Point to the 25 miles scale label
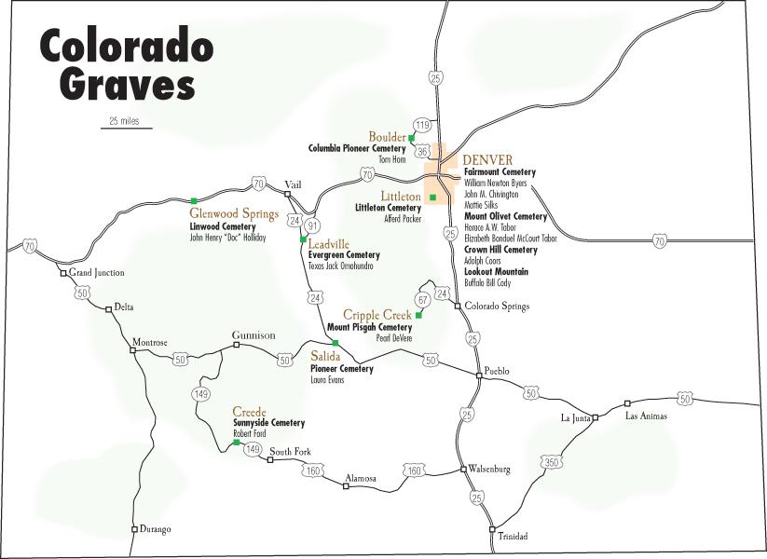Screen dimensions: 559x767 point(125,120)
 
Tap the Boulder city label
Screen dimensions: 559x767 point(387,137)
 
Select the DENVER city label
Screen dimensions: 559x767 point(487,159)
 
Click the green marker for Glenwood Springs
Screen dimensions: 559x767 point(193,200)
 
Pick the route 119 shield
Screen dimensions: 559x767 point(423,125)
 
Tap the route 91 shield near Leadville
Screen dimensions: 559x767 point(313,226)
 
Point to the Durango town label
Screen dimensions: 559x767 point(155,529)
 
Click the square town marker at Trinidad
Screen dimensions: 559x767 point(492,528)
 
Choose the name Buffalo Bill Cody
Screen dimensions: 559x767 point(487,283)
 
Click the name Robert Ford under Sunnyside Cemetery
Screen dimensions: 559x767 point(250,434)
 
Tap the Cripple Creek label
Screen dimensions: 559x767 point(377,315)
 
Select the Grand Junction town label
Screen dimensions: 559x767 point(97,273)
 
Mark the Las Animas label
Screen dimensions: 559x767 point(646,416)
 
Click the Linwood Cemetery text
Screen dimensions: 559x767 point(222,226)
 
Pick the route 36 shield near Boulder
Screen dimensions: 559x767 point(422,150)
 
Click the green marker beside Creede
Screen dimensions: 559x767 point(237,443)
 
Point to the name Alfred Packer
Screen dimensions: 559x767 point(403,219)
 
